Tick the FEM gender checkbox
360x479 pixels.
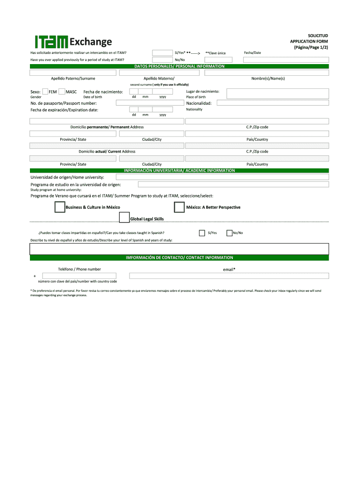click(45, 92)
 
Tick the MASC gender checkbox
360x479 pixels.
click(62, 92)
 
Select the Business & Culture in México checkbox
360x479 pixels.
click(60, 207)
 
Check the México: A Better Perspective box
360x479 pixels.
click(179, 207)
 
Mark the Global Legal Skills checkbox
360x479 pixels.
click(124, 218)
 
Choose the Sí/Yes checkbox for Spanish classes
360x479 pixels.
click(202, 233)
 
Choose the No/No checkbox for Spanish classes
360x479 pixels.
click(229, 233)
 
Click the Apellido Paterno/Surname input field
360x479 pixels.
click(73, 73)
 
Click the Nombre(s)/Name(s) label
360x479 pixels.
click(268, 79)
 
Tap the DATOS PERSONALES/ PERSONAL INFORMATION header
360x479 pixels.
click(180, 66)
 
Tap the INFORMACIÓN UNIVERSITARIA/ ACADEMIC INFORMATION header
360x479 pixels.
click(180, 171)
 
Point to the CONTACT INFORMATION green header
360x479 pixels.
click(180, 258)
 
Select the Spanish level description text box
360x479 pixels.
click(180, 249)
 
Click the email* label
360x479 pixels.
click(229, 269)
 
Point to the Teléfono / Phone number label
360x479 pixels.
click(79, 269)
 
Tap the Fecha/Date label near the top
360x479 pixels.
click(252, 52)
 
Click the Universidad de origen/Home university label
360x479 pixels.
click(67, 177)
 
